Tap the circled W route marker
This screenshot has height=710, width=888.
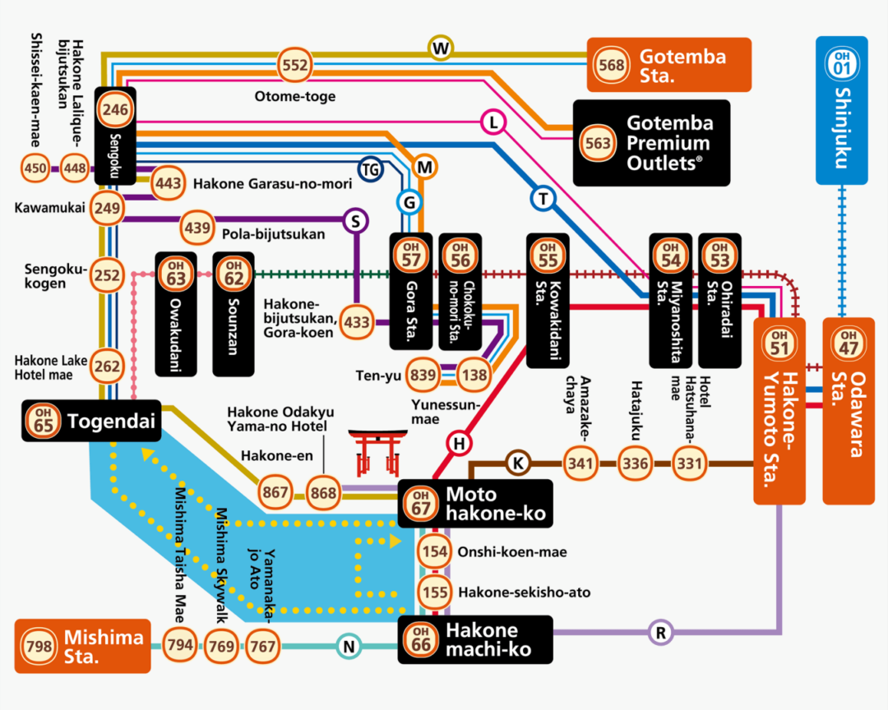442,48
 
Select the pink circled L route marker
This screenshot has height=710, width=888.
493,123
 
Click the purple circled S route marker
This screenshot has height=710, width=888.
356,221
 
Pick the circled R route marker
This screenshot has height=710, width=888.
660,633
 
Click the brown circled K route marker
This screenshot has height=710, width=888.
517,463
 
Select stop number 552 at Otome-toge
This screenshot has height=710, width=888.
295,65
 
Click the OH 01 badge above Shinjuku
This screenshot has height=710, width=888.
840,62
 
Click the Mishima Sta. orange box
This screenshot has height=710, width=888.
83,646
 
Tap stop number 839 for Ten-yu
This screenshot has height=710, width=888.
423,375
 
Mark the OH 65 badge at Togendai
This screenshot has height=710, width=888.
42,422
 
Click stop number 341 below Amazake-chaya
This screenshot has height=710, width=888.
579,463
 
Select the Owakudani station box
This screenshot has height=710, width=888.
176,314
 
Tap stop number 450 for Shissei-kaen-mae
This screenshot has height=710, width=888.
35,168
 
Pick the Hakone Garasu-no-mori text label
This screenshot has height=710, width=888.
272,183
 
